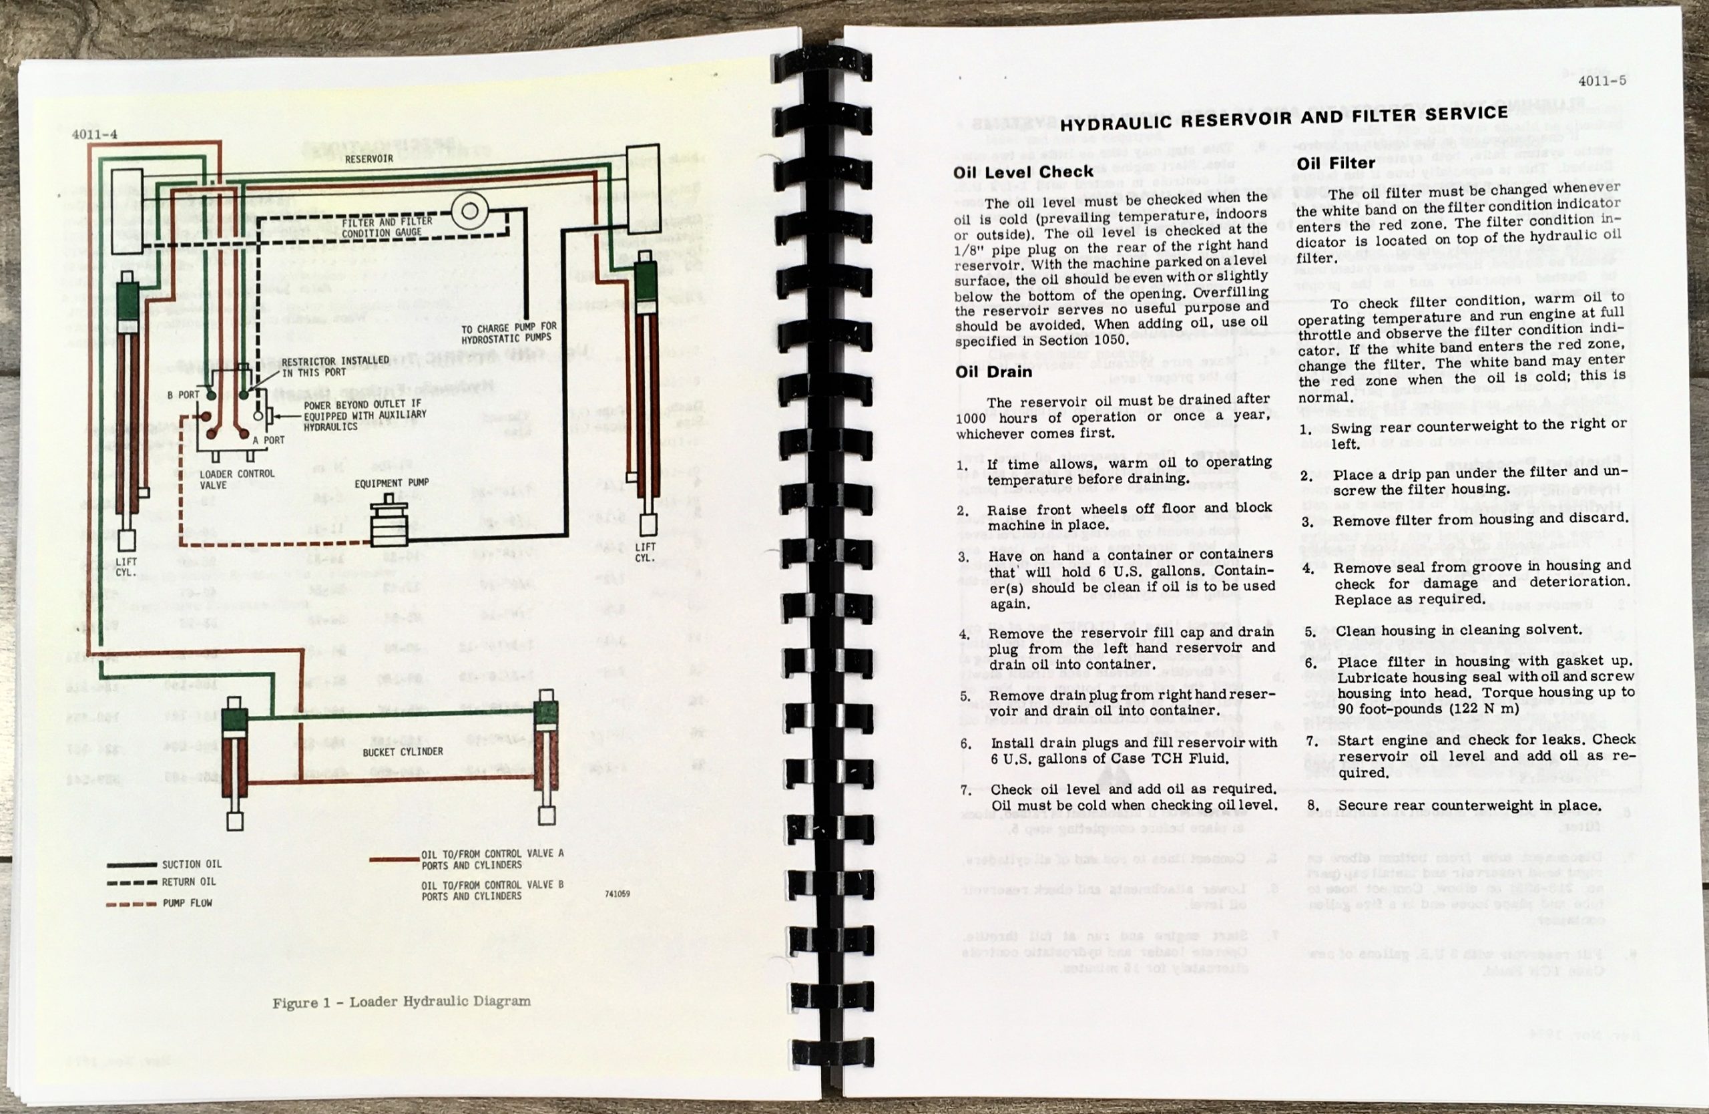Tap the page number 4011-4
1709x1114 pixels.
pos(94,134)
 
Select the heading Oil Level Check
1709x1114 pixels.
pos(1023,172)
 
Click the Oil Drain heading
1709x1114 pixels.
pos(993,372)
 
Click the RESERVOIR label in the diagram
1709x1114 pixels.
pos(369,159)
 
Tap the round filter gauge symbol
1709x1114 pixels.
pos(469,211)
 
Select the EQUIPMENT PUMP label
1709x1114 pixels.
pos(391,484)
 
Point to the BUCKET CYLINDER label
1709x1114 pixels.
pos(403,752)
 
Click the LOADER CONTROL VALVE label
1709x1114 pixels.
pos(226,479)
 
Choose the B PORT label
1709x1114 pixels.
pos(184,395)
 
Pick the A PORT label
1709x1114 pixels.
pos(268,440)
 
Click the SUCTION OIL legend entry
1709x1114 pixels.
pos(191,864)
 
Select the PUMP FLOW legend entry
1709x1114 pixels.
pos(187,903)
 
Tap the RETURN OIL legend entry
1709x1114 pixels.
pos(188,882)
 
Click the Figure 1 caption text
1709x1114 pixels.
pos(401,1001)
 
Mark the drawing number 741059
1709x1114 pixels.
pos(617,895)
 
